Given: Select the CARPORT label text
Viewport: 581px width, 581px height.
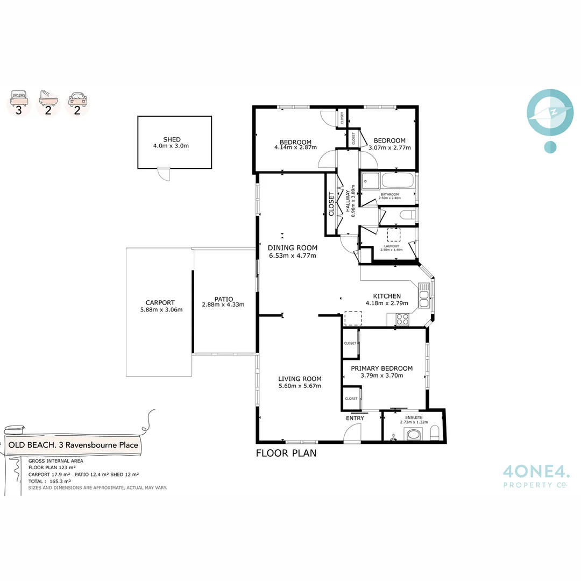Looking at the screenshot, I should pos(160,303).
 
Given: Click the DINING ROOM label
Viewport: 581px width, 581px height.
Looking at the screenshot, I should pos(293,248).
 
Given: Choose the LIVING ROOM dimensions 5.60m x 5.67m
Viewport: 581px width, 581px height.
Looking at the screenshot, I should pos(300,386).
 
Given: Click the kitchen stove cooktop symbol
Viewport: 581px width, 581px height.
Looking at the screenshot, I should pos(402,318).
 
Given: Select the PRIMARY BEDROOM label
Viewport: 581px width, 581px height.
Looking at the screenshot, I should pos(381,369).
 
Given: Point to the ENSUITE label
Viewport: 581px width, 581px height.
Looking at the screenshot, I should pos(414,417).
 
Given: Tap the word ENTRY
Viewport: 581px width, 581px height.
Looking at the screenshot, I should pos(355,418).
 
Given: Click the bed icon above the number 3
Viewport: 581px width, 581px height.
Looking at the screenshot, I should pos(19,99).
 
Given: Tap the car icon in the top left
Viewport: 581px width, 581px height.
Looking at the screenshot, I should pos(77,99).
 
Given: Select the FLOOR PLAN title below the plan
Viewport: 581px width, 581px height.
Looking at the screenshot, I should pos(286,453).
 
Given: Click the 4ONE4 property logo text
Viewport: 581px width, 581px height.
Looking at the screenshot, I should pos(536,472).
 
